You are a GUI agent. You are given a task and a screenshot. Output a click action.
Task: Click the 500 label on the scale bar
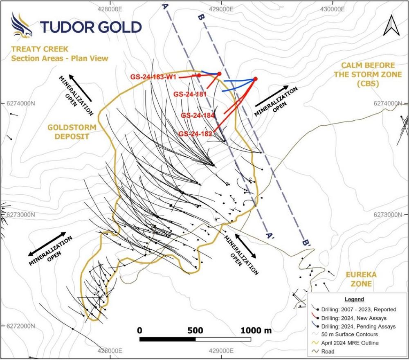196,330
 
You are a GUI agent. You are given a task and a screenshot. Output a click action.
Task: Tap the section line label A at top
165,6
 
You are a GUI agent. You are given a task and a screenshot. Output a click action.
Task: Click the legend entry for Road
328,351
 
